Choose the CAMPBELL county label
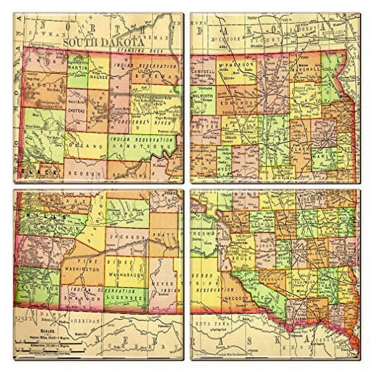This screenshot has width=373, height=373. pos(204,67)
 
